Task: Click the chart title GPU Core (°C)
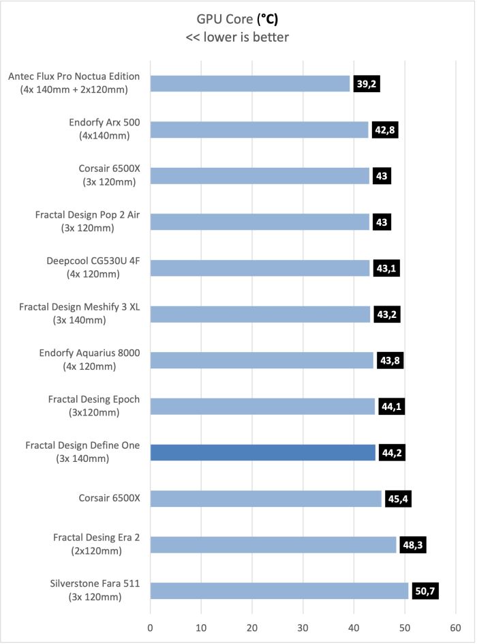point(237,19)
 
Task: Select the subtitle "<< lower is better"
point(237,37)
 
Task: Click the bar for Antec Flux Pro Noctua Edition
point(250,84)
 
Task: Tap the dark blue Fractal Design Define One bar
point(263,452)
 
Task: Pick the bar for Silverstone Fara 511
point(279,591)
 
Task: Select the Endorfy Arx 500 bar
point(259,130)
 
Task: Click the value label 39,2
point(366,84)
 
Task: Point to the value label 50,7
point(425,591)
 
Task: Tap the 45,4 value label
point(398,499)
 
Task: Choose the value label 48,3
point(413,545)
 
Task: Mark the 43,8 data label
point(390,361)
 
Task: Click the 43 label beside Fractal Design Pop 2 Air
point(382,222)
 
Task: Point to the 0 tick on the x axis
point(150,628)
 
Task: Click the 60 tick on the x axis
point(455,628)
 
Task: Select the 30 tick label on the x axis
point(303,628)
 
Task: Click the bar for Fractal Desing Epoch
point(262,407)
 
